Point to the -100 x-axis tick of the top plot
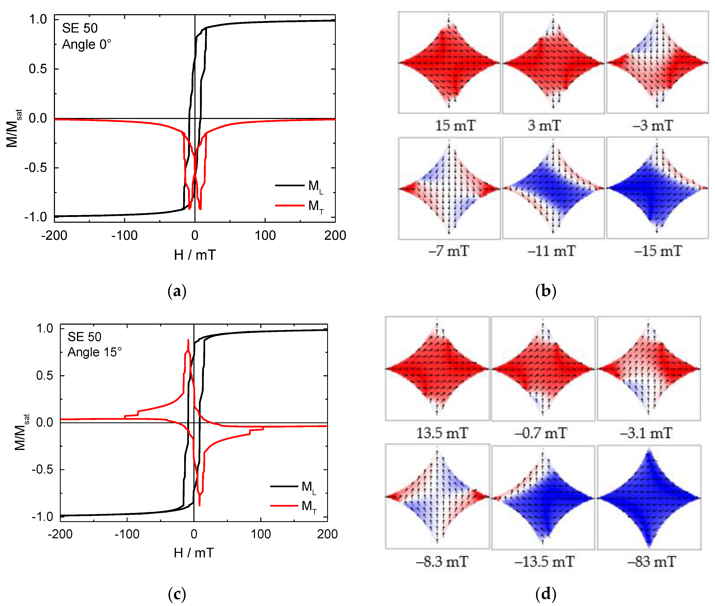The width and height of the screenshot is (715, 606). click(x=124, y=236)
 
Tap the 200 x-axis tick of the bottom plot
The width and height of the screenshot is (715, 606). click(x=327, y=534)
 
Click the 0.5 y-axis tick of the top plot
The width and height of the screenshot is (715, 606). click(x=38, y=69)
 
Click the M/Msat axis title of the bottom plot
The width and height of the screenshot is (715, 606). click(x=21, y=432)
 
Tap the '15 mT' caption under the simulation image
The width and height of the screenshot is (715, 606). click(x=455, y=126)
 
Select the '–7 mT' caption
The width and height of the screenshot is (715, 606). click(x=449, y=251)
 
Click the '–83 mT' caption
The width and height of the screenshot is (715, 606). click(x=651, y=562)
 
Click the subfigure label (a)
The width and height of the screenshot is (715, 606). click(x=177, y=291)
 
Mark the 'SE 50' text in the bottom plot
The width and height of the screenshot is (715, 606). click(x=85, y=337)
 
